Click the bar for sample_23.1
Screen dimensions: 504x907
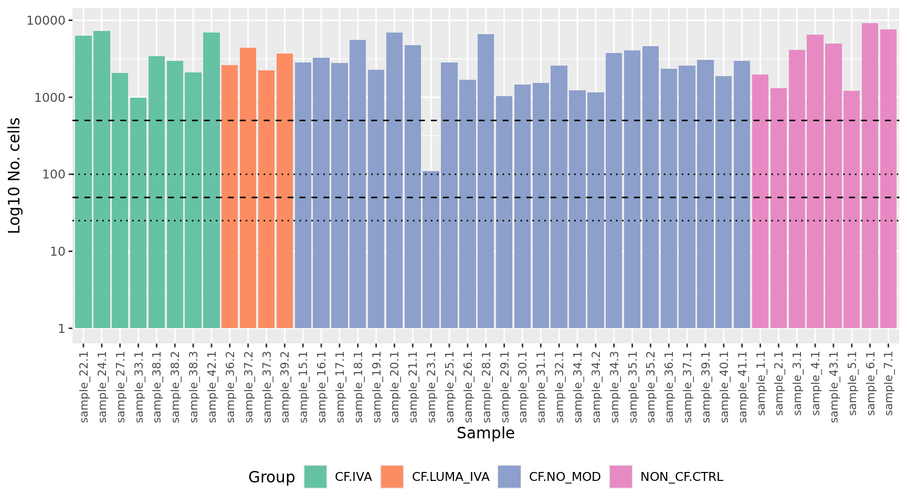[x=431, y=249]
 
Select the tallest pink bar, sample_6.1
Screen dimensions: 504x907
[x=870, y=176]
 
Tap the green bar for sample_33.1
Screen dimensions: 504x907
[x=138, y=213]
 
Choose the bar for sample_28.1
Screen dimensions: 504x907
[x=486, y=181]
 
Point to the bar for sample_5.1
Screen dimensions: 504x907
[x=851, y=209]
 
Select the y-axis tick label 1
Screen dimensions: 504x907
[x=62, y=329]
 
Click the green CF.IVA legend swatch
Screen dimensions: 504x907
[x=315, y=477]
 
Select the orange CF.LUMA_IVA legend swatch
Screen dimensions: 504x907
[x=392, y=477]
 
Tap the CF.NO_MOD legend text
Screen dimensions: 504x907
[x=565, y=477]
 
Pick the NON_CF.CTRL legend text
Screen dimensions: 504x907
[x=681, y=477]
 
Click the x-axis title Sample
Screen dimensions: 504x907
[x=486, y=433]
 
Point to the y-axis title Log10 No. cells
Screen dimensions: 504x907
[x=15, y=175]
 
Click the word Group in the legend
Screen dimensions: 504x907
[x=271, y=477]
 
